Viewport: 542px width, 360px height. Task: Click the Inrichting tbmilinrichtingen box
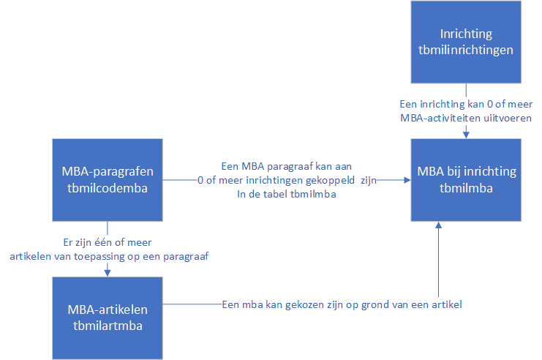(x=466, y=42)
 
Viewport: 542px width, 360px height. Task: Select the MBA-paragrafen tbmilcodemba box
(x=108, y=180)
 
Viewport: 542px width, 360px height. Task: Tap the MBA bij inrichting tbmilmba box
(x=466, y=180)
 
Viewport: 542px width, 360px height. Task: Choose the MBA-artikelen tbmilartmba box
(x=108, y=318)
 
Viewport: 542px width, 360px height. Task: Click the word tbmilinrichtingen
(x=466, y=50)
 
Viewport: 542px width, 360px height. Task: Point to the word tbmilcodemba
(x=108, y=188)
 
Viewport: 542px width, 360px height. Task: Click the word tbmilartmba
(x=108, y=326)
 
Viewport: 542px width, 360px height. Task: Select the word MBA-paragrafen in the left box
(x=108, y=171)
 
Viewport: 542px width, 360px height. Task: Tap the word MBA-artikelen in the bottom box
(x=108, y=310)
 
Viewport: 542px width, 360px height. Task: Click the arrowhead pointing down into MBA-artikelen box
(x=108, y=273)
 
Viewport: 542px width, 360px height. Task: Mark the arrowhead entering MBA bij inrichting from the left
(x=407, y=180)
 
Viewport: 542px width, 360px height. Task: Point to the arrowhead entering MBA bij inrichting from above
(x=466, y=135)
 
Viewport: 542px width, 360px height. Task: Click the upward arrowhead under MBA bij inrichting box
(x=438, y=225)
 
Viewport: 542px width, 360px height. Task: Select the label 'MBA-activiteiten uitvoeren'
(x=466, y=118)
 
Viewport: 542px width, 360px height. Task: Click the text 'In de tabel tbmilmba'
(x=287, y=194)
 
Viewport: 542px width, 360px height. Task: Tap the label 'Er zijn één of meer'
(x=108, y=242)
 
